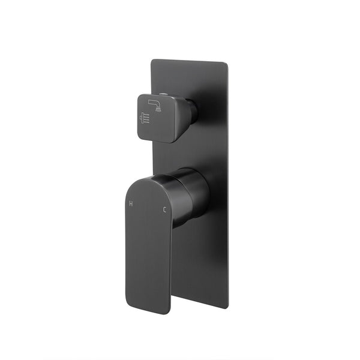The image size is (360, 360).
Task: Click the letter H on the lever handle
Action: [131, 204]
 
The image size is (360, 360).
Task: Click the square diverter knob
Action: [157, 117]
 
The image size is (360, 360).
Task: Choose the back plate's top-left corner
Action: [152, 60]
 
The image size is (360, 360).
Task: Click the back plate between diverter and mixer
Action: [204, 150]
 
